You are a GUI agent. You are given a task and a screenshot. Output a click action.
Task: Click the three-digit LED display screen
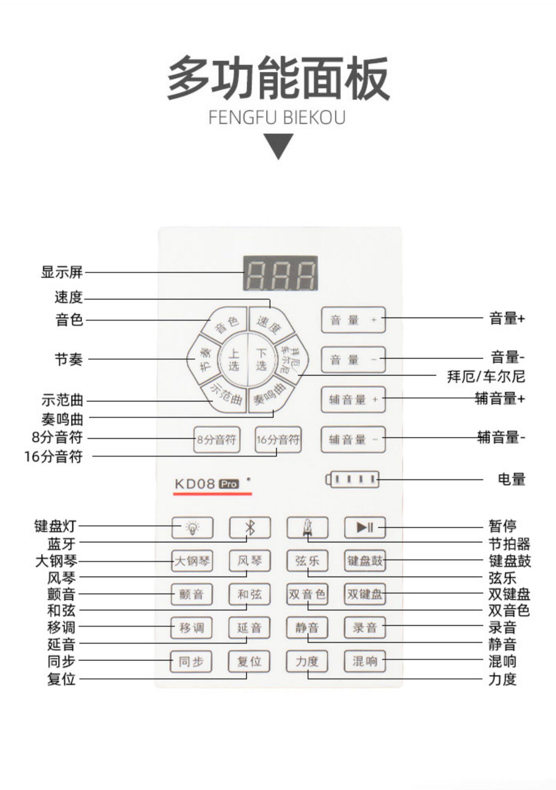tap(280, 273)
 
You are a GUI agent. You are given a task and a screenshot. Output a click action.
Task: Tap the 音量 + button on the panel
tap(353, 320)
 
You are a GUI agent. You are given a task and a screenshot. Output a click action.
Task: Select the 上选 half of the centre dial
tap(234, 359)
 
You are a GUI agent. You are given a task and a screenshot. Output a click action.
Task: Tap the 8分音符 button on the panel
tap(216, 440)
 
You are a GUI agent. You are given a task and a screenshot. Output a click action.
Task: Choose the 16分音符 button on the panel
tap(278, 440)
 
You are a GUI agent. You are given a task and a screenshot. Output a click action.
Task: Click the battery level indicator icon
tap(353, 479)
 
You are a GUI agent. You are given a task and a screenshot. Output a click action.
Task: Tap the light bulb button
tap(192, 527)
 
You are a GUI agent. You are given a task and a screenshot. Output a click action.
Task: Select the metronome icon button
tap(307, 527)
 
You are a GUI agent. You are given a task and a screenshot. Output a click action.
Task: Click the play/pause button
tap(365, 527)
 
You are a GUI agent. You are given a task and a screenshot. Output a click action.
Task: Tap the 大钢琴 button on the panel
tap(192, 561)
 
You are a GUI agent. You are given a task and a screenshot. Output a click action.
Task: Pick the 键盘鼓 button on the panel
tap(365, 561)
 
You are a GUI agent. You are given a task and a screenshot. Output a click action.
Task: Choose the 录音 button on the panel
tap(365, 628)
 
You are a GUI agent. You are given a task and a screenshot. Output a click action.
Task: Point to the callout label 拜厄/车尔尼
tap(486, 377)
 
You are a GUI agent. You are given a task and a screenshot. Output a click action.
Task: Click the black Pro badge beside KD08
tap(229, 484)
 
